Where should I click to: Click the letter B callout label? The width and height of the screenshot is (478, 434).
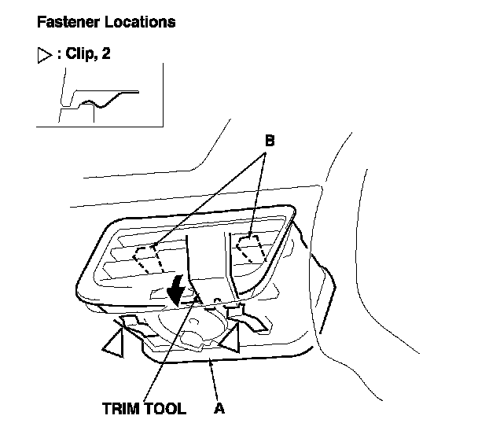point(269,142)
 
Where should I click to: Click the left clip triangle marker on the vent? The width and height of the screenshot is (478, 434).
point(116,343)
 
